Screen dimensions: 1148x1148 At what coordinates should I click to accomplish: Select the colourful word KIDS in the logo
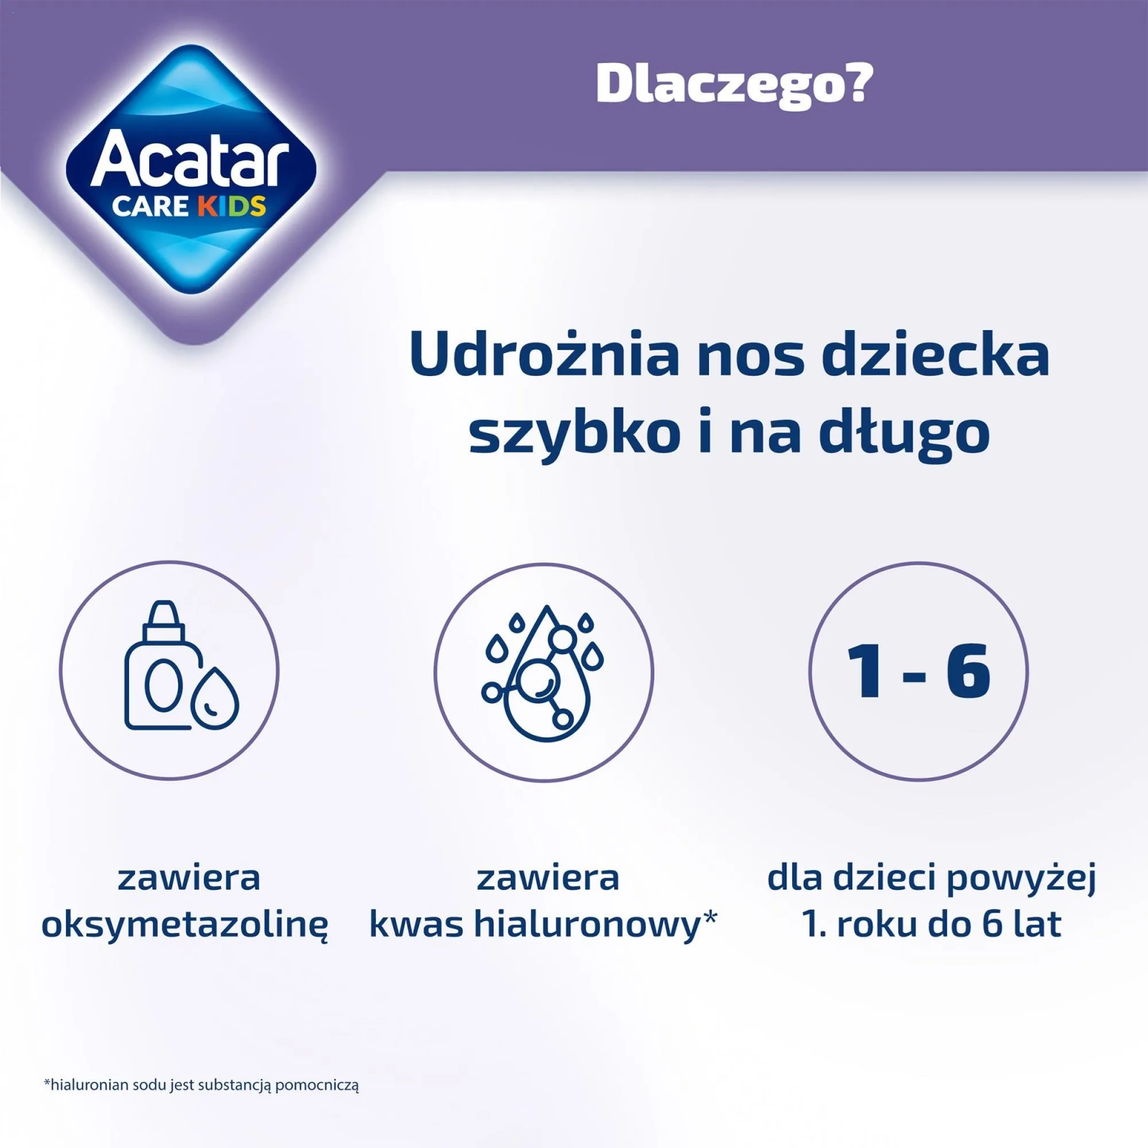(231, 206)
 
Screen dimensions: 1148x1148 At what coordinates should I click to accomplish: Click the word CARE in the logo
(150, 207)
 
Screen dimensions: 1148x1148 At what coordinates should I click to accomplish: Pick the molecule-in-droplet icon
(544, 672)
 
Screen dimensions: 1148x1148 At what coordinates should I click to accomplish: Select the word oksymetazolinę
(185, 925)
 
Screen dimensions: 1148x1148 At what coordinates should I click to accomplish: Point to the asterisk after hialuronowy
(710, 916)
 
